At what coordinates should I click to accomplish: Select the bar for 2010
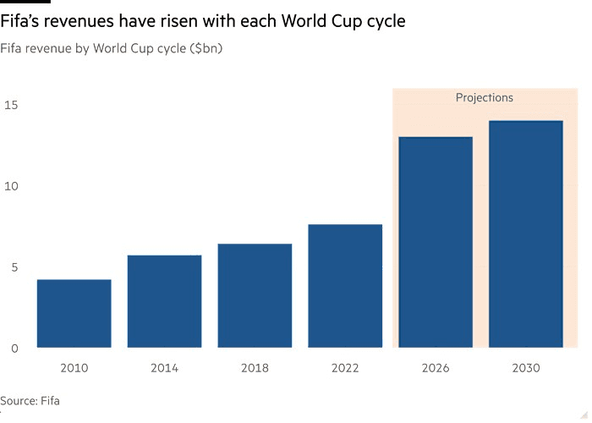74,314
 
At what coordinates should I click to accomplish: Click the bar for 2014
165,301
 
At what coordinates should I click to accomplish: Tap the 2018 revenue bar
255,296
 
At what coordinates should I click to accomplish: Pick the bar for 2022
345,286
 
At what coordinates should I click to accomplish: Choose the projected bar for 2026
436,242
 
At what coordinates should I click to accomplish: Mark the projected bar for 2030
526,234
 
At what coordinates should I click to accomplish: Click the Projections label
485,97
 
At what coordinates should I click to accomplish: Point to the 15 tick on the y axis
11,105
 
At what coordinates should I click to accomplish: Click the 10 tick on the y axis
11,186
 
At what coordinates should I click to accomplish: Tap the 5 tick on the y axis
14,267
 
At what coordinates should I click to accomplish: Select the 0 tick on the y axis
14,349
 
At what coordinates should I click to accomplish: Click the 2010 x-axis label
74,368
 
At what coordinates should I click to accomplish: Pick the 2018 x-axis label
255,368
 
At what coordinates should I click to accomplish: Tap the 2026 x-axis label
436,368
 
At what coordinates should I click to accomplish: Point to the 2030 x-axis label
526,368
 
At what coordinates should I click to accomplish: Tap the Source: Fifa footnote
30,400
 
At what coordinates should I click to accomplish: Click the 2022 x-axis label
345,368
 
